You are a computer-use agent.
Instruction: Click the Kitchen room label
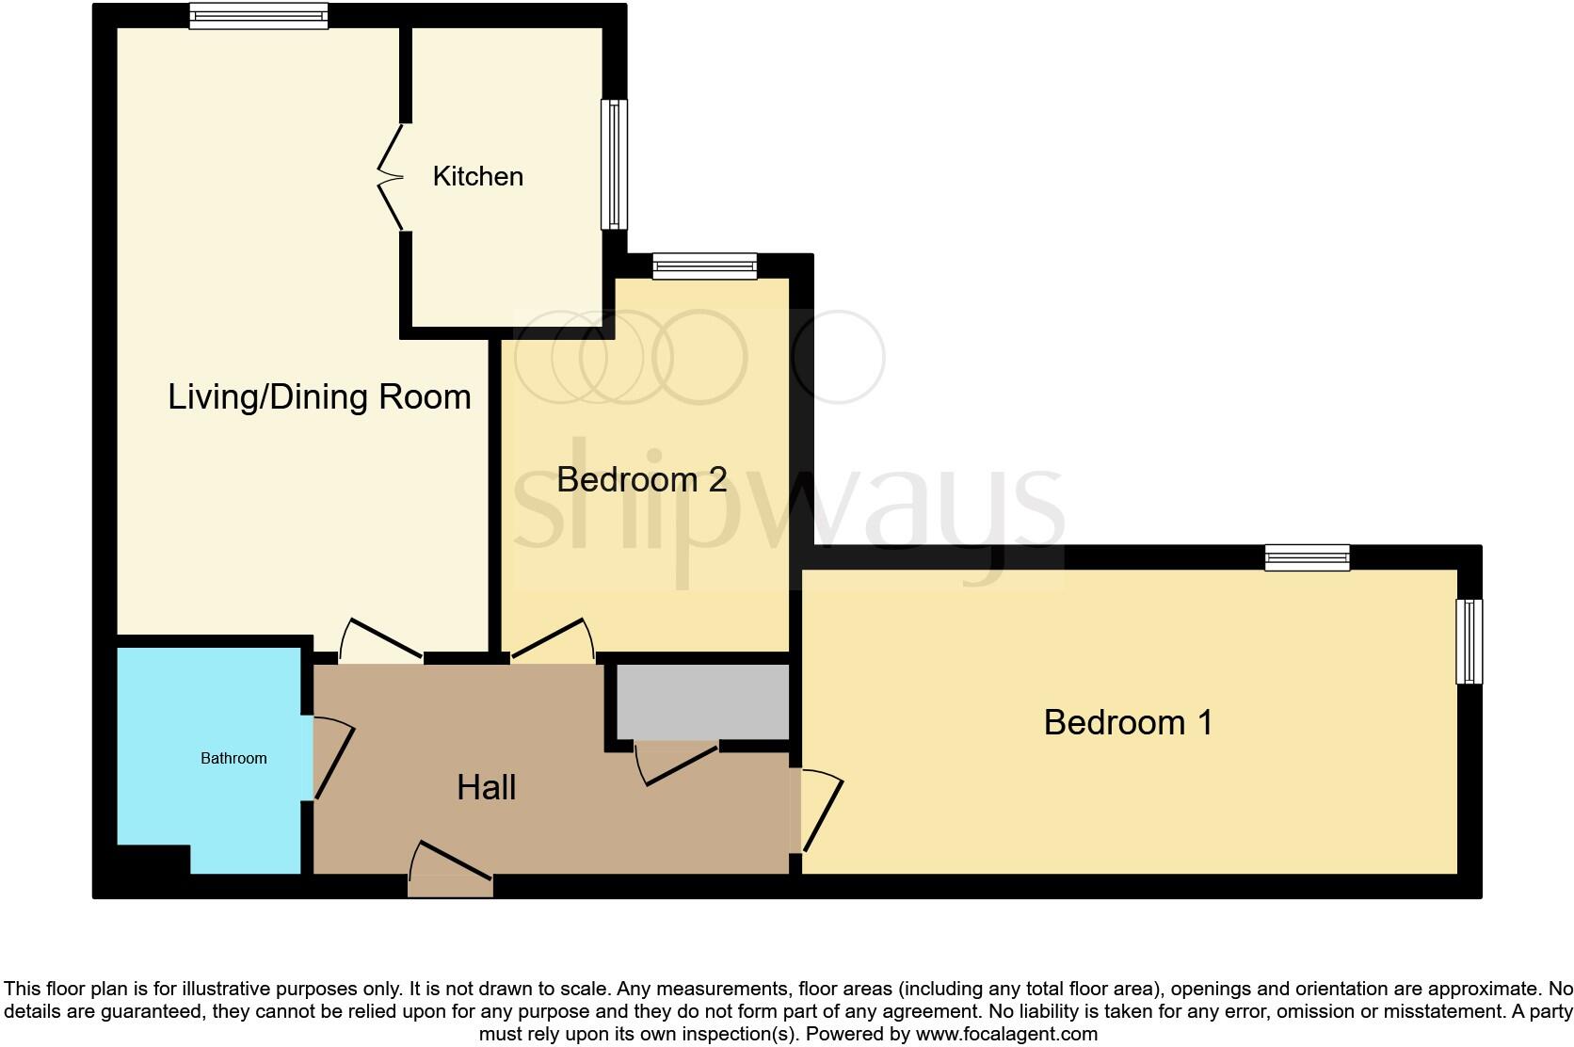pyautogui.click(x=477, y=176)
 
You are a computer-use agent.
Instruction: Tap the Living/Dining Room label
pyautogui.click(x=319, y=396)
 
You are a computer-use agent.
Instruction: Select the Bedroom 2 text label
pyautogui.click(x=641, y=479)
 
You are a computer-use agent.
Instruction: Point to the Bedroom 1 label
pyautogui.click(x=1128, y=722)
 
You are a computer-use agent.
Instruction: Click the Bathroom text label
pyautogui.click(x=233, y=758)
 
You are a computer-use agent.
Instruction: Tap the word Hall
pyautogui.click(x=486, y=787)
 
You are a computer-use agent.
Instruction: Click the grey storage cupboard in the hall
pyautogui.click(x=702, y=701)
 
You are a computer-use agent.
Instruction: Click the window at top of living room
pyautogui.click(x=258, y=16)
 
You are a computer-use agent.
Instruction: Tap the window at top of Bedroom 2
pyautogui.click(x=705, y=266)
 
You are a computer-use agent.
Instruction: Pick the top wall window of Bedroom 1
pyautogui.click(x=1307, y=557)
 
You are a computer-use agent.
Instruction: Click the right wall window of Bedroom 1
pyautogui.click(x=1469, y=641)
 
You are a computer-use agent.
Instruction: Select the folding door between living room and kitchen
pyautogui.click(x=391, y=177)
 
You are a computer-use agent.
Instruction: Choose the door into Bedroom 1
pyautogui.click(x=819, y=810)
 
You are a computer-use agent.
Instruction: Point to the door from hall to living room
pyautogui.click(x=380, y=639)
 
